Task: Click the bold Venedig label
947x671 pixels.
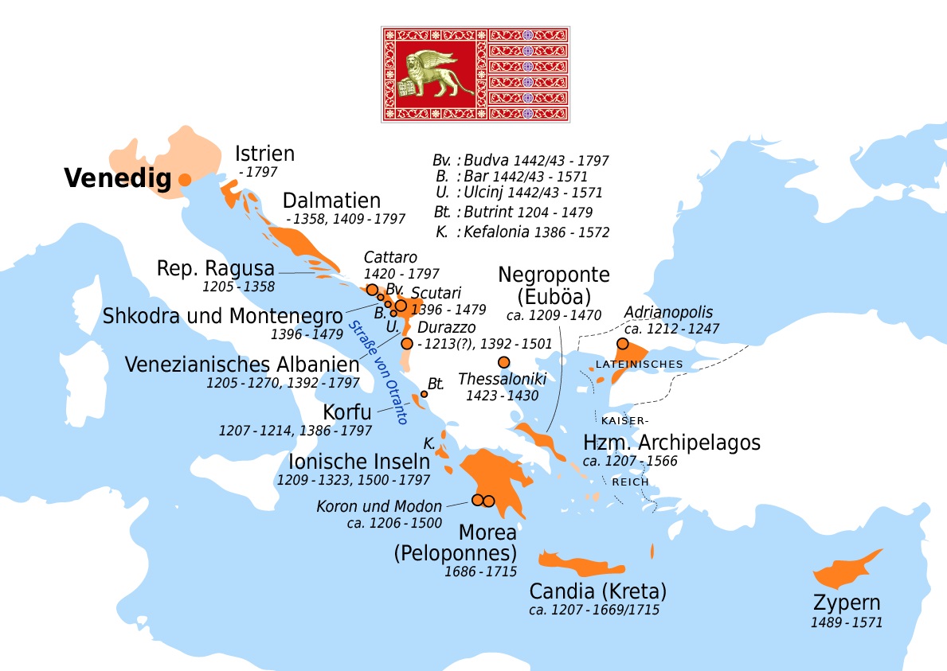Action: (117, 179)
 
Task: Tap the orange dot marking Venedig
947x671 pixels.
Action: (184, 179)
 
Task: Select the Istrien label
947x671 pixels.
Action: (265, 154)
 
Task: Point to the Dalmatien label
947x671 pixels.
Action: (331, 201)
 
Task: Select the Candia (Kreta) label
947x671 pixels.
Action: (597, 591)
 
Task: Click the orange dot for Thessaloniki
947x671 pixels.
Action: (503, 362)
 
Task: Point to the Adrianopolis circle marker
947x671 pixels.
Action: (623, 344)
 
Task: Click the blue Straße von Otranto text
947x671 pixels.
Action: (378, 372)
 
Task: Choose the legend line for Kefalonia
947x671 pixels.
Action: (522, 232)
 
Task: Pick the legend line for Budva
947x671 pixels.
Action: (522, 159)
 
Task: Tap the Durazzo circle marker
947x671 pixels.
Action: (407, 344)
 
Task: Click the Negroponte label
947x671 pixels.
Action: (554, 275)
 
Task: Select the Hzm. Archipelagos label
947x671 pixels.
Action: (671, 443)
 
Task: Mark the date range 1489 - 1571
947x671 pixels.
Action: (847, 622)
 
